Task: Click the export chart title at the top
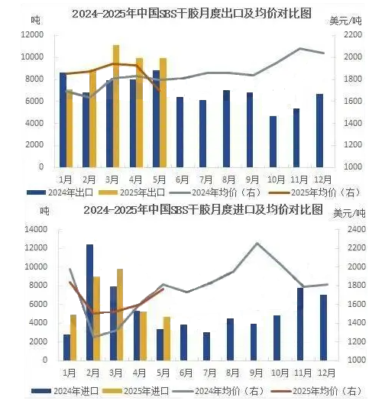coord(192,14)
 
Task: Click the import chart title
coord(203,209)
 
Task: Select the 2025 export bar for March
coord(116,106)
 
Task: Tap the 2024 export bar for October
coord(273,141)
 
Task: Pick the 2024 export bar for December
coord(320,131)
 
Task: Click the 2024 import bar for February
coord(90,302)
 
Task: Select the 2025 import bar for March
coord(120,315)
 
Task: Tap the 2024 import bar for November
coord(300,325)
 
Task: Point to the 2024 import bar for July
coord(207,346)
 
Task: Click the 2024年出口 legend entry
coord(60,192)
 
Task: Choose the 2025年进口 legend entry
coord(136,391)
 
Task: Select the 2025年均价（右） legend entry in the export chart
coord(315,192)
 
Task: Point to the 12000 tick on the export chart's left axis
coord(32,35)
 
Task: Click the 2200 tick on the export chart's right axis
coord(353,35)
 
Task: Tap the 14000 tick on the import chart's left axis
coord(36,229)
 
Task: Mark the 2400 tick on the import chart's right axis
coord(357,229)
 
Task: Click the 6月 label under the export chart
coord(183,179)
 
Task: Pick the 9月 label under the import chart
coord(256,373)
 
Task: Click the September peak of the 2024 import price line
coord(257,243)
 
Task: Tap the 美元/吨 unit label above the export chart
coord(345,21)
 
